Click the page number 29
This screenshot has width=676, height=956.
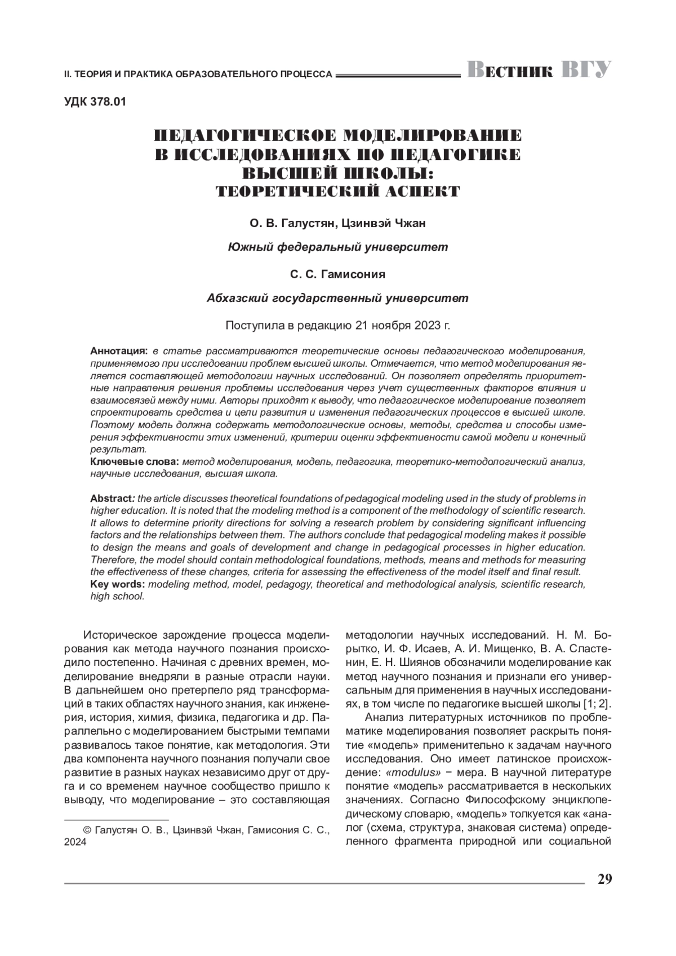(x=604, y=879)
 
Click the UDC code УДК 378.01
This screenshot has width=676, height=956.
(x=95, y=102)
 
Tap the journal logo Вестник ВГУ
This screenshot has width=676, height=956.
(x=539, y=70)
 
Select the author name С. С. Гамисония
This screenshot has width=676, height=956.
(x=337, y=274)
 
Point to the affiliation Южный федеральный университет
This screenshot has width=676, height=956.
(x=337, y=247)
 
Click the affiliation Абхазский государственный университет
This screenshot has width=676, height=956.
(x=337, y=298)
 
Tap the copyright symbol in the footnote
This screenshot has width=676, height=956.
(x=87, y=830)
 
